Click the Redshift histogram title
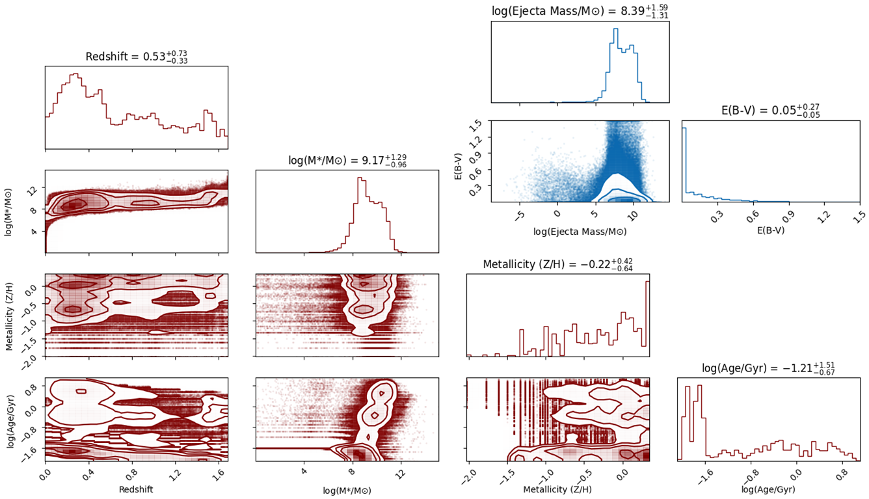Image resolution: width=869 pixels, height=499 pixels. pos(136,58)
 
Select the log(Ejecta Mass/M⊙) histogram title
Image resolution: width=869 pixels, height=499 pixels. pos(580,11)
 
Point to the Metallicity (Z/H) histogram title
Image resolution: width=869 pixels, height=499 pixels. pos(557,265)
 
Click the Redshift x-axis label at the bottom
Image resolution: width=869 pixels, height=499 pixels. pos(136,489)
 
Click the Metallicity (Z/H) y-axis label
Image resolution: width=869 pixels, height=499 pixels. pos(10,316)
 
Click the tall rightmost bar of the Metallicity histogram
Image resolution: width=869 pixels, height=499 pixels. pos(647,318)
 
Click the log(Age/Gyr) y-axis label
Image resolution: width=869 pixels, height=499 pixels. pos(10,419)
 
